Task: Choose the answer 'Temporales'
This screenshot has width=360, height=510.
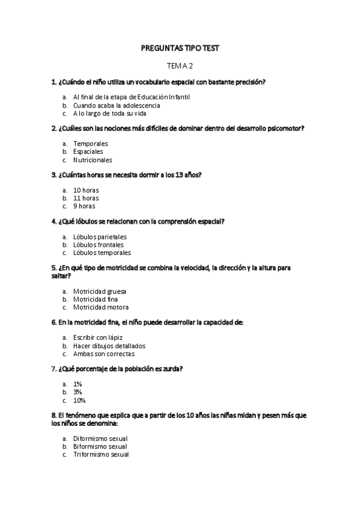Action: [91, 144]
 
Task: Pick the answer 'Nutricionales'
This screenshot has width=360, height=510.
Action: [93, 161]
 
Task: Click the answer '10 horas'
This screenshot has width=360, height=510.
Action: [86, 190]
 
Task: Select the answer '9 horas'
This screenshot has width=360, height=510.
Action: [84, 206]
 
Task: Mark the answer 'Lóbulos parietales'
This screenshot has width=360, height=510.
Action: [100, 237]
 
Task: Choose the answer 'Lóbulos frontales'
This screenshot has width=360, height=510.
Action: [99, 245]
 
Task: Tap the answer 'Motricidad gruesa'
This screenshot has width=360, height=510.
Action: [100, 292]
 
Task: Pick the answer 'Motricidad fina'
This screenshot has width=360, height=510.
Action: [96, 300]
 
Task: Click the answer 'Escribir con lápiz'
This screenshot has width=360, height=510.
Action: [98, 338]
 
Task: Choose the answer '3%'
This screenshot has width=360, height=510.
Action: [78, 392]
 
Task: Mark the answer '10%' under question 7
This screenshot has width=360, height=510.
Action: [79, 401]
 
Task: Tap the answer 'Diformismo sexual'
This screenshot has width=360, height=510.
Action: [100, 439]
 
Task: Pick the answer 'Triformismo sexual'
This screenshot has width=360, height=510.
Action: [101, 455]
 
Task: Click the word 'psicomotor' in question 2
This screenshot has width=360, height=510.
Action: [282, 128]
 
